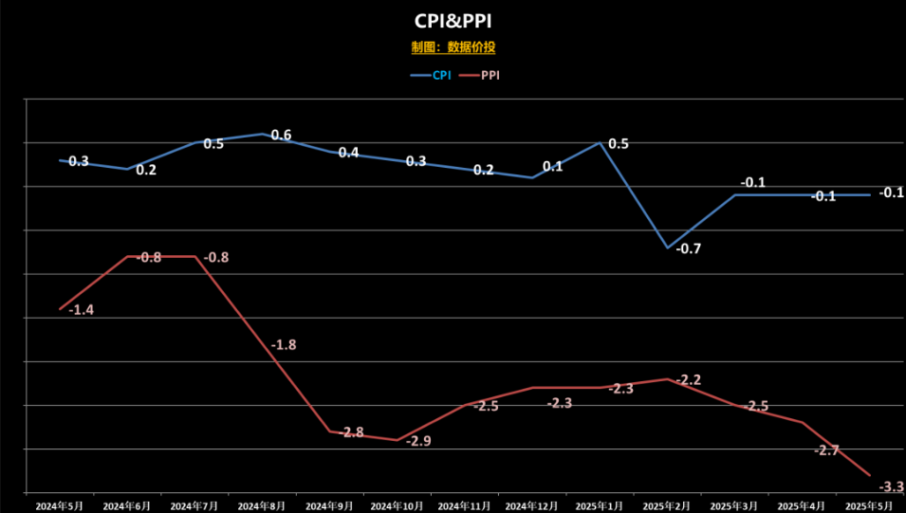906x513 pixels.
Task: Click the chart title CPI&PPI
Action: click(x=453, y=21)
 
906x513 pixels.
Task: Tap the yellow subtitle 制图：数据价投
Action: click(x=453, y=47)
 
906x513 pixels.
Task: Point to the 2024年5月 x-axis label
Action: click(x=60, y=505)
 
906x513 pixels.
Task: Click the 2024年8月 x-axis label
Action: click(x=262, y=505)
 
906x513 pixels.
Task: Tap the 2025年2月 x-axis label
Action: click(x=667, y=505)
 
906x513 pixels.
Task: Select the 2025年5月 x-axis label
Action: click(x=869, y=505)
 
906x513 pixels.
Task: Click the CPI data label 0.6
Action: click(x=281, y=135)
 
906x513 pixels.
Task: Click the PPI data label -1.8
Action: click(x=283, y=345)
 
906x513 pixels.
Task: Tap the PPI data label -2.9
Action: click(x=418, y=441)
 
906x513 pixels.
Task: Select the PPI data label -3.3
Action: click(x=890, y=487)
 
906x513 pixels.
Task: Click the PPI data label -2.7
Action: click(x=825, y=449)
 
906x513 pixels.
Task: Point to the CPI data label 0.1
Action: click(x=552, y=167)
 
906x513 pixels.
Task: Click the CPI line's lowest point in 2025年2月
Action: click(x=667, y=247)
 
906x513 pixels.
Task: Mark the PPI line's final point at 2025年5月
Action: click(x=870, y=475)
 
